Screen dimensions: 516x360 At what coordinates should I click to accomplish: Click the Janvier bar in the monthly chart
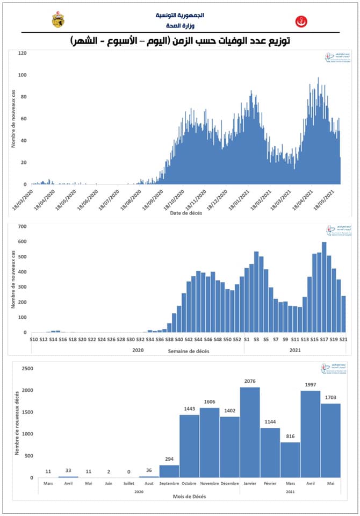pos(250,432)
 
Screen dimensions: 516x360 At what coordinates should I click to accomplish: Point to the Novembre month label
pos(210,484)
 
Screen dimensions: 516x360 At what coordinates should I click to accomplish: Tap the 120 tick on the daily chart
pos(22,53)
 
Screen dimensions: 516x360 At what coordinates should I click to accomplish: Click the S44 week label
pos(198,340)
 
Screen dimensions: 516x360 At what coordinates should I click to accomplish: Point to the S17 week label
pos(325,340)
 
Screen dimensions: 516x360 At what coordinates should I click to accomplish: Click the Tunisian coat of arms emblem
pos(57,20)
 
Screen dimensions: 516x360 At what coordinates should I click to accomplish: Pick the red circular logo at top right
pos(301,22)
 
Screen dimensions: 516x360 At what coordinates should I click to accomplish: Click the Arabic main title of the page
pos(180,41)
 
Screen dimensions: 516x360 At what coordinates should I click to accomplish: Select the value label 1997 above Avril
pos(311,385)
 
